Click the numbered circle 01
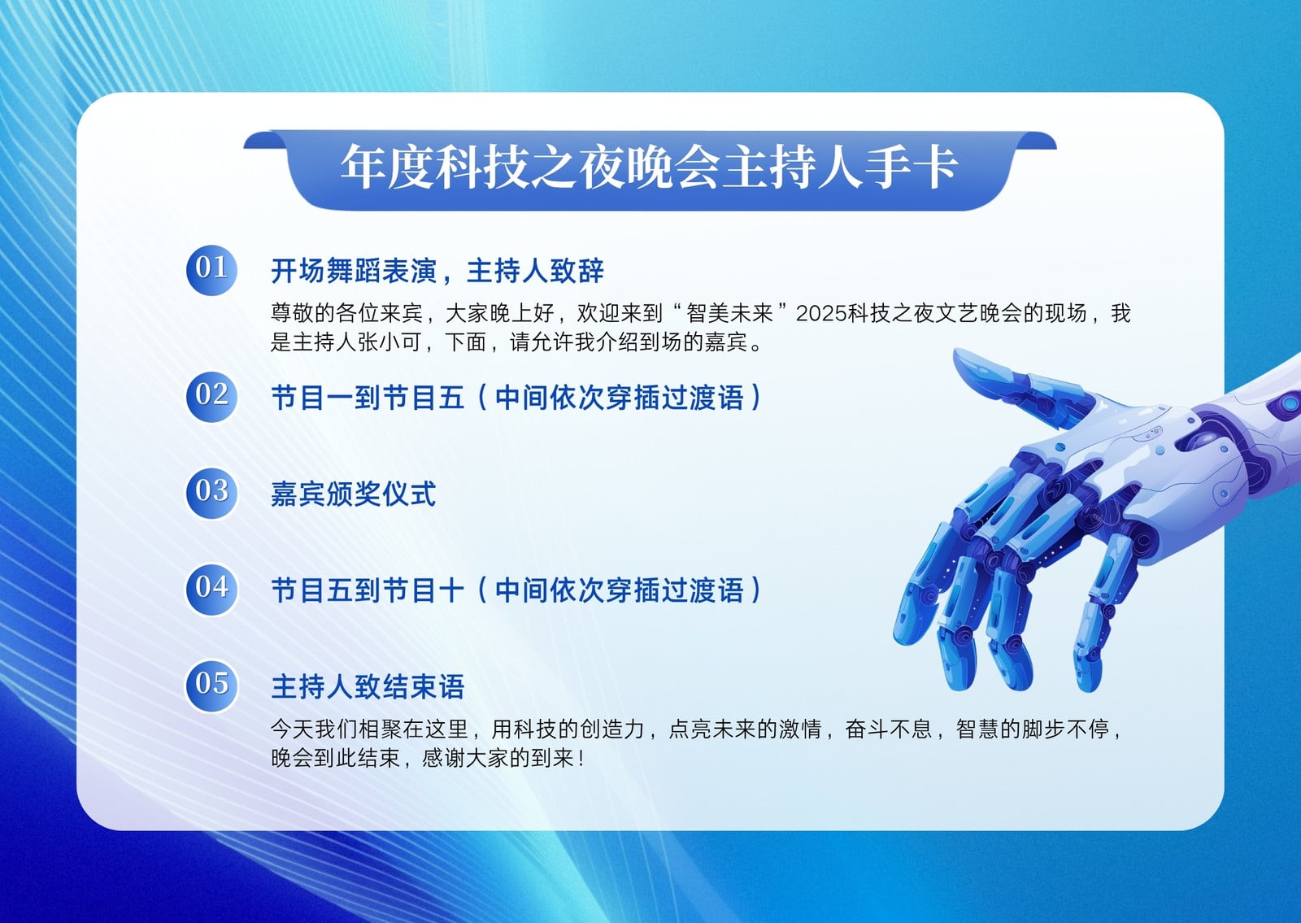(211, 270)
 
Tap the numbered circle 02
(211, 397)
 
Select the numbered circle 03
(211, 493)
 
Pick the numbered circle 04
(211, 590)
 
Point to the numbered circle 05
(211, 686)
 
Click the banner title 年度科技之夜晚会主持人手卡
(649, 168)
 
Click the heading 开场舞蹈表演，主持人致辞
(437, 271)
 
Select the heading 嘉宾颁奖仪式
(353, 494)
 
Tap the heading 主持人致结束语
(368, 686)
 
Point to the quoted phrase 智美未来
(729, 314)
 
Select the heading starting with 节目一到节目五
(516, 398)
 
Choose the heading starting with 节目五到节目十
(516, 590)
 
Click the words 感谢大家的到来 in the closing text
(498, 758)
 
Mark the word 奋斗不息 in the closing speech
(889, 729)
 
